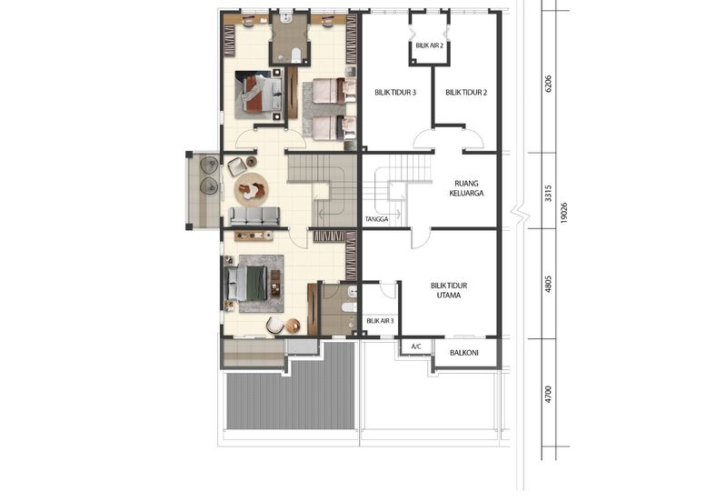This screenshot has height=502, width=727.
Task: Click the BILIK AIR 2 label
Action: (x=429, y=45)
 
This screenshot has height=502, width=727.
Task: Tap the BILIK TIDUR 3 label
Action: (x=395, y=93)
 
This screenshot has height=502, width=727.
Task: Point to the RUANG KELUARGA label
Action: (x=464, y=187)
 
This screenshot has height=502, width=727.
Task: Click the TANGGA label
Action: (x=376, y=219)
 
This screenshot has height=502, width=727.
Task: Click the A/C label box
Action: (x=416, y=346)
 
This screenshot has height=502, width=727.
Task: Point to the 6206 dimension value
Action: (x=548, y=85)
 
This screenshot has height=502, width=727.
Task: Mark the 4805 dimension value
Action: (x=548, y=285)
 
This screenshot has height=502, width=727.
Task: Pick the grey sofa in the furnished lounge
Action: (x=254, y=216)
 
